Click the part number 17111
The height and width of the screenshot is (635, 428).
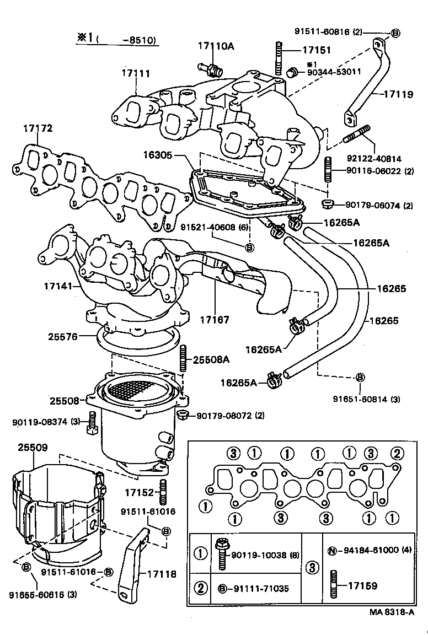[x=136, y=73]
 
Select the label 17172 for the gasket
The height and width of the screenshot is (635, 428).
[x=38, y=128]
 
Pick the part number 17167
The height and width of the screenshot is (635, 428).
[x=214, y=319]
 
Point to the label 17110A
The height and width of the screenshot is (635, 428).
[x=216, y=46]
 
